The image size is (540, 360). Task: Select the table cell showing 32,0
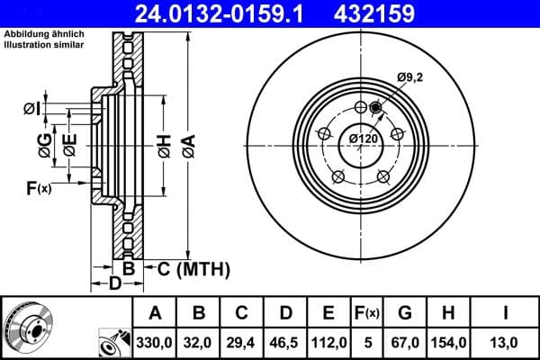[x=200, y=343]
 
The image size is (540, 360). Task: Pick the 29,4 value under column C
[x=243, y=343]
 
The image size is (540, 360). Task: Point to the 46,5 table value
[x=286, y=343]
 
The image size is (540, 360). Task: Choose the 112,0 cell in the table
[x=329, y=343]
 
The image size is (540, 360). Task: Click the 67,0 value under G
[x=406, y=343]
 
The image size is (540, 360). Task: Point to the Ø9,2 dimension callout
[x=410, y=78]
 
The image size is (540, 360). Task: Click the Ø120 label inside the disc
[x=363, y=139]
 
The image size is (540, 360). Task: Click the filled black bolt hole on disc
[x=375, y=109]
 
